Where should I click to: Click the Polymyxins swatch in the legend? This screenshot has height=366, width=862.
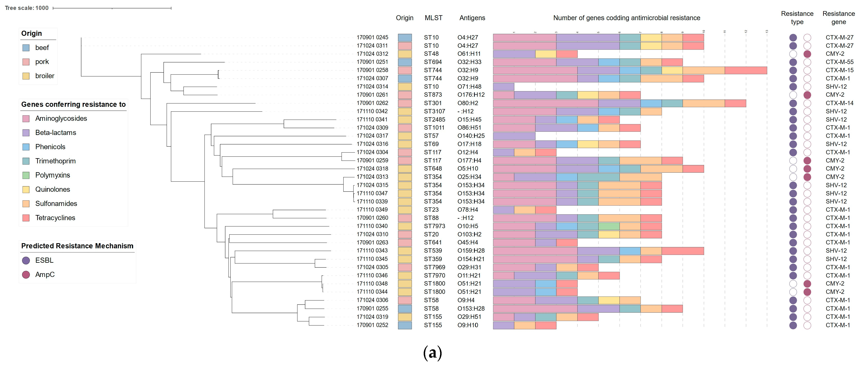(x=26, y=175)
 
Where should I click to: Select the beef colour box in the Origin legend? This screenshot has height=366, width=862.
(x=26, y=48)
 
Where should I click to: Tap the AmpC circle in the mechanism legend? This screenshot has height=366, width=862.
(x=26, y=275)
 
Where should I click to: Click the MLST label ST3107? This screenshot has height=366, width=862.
(x=434, y=111)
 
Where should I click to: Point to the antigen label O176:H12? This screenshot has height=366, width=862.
(x=471, y=95)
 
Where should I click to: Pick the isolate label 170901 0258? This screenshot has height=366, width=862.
(x=372, y=70)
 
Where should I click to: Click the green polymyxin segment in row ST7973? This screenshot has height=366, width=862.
(x=609, y=226)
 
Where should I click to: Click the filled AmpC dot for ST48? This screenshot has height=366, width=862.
(x=807, y=54)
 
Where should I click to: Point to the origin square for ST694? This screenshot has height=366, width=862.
(x=405, y=62)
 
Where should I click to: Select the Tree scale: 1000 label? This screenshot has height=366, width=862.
(x=27, y=8)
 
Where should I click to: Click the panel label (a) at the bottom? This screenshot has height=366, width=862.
(x=432, y=353)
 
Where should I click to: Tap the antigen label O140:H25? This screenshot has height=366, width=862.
(x=471, y=136)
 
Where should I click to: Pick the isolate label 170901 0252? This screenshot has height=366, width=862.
(x=372, y=325)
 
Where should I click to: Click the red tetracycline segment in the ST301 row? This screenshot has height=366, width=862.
(x=735, y=103)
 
